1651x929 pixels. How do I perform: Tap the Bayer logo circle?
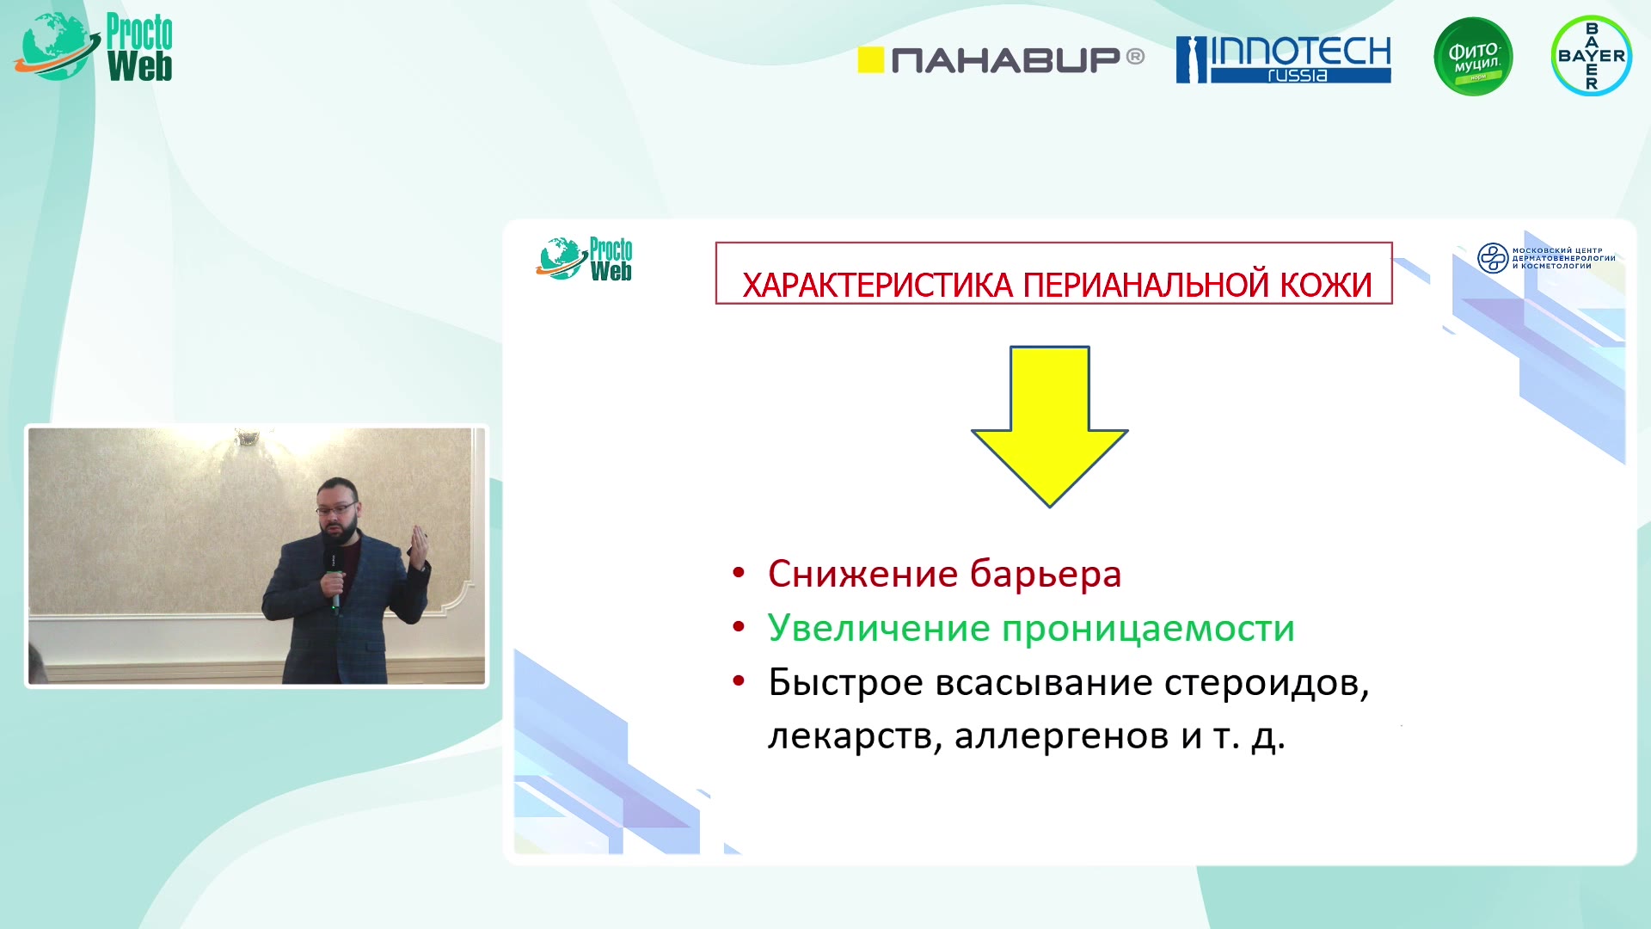tap(1591, 56)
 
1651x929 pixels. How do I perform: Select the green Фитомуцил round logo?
tap(1473, 57)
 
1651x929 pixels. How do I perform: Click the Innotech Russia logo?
tap(1283, 59)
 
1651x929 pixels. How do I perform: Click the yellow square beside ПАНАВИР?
tap(871, 59)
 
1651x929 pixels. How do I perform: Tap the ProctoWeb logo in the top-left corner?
tap(94, 47)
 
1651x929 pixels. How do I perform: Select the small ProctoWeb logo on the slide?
tap(585, 259)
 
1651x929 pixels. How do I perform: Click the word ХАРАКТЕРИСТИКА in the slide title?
tap(877, 286)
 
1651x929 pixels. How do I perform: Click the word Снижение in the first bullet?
tap(862, 574)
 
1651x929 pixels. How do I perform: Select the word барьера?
tap(1046, 575)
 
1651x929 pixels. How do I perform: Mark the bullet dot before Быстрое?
tap(738, 681)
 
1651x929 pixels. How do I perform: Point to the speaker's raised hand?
tap(419, 549)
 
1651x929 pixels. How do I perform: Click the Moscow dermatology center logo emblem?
tap(1493, 258)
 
